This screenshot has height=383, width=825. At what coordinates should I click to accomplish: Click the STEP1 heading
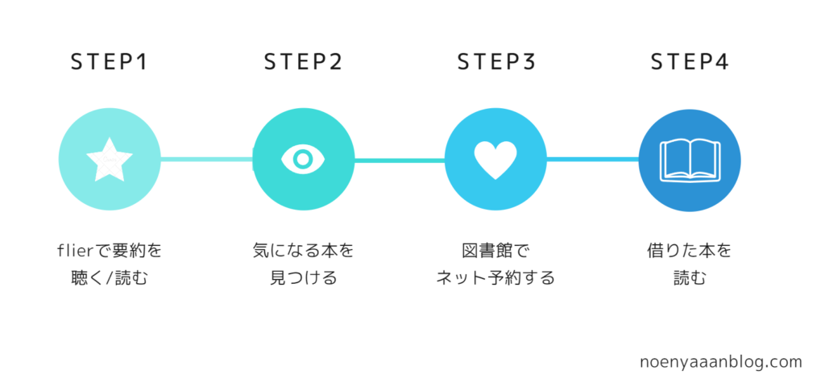(110, 62)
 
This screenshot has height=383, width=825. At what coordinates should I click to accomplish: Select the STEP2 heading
(303, 62)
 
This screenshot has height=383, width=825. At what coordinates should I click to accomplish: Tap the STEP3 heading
(496, 62)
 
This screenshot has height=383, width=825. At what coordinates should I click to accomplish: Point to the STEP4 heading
(690, 62)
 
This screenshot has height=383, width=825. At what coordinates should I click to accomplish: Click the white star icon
(110, 160)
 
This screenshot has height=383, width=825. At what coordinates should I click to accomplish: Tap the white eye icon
(303, 160)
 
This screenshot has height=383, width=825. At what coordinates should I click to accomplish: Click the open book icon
(690, 160)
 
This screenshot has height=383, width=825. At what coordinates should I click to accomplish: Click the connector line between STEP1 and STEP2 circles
(206, 160)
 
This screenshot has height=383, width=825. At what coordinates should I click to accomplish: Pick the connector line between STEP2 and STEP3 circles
(400, 160)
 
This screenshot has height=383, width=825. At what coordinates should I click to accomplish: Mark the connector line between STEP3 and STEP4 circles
(592, 160)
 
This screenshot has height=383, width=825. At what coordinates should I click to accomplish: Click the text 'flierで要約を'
(110, 251)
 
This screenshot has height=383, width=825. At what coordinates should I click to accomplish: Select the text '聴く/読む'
(110, 279)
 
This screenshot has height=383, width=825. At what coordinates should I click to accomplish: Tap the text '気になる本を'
(303, 251)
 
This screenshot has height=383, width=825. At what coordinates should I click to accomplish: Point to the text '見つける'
(303, 279)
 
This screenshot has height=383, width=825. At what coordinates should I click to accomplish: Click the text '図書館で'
(496, 251)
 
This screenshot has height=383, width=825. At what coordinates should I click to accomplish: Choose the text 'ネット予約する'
(496, 279)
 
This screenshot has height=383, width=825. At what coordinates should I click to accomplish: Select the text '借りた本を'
(690, 251)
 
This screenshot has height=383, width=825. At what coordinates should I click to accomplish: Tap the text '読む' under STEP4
(690, 279)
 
